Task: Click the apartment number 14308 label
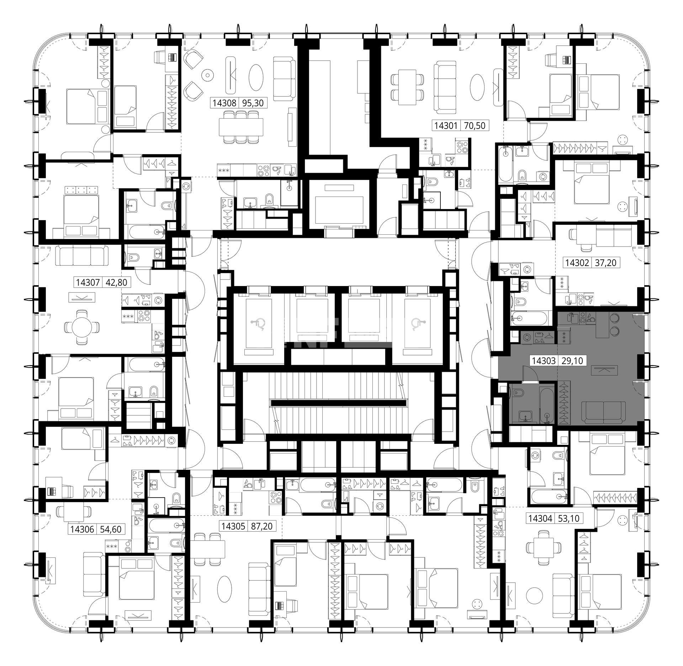pos(224,103)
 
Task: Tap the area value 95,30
pos(253,103)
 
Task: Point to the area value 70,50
pos(475,126)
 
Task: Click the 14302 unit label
pos(577,263)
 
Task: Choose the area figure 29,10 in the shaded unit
pos(572,361)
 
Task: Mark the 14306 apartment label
pos(82,529)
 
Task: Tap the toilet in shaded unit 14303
pos(517,393)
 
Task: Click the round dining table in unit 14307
pos(81,327)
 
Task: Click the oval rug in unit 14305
pos(225,589)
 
